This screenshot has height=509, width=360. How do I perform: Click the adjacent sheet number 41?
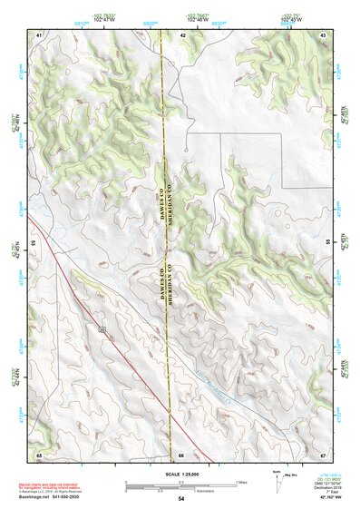tap(39, 34)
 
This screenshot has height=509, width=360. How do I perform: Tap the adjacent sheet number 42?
tap(182, 34)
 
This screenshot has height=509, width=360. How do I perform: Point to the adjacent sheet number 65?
tap(39, 454)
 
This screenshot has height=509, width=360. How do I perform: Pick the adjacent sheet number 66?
tap(181, 454)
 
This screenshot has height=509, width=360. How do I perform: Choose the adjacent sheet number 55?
tap(328, 243)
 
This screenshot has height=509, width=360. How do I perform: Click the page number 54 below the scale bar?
tap(181, 499)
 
